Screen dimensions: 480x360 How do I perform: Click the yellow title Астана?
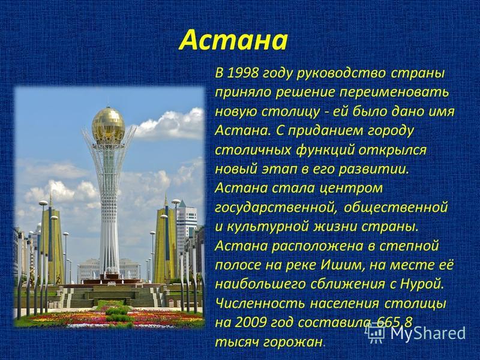pos(233,40)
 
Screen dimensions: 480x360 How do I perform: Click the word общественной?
pos(396,208)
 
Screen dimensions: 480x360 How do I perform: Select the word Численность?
pos(260,304)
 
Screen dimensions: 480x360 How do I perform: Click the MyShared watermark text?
pos(428,333)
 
